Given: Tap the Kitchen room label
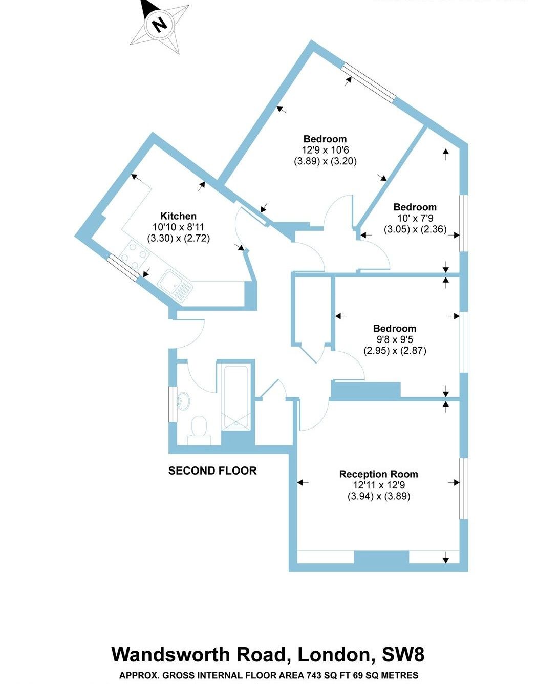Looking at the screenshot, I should tap(178, 216).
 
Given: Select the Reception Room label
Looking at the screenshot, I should tap(378, 474).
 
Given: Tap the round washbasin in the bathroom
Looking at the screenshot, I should tap(183, 400).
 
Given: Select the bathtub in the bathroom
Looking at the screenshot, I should tap(236, 397).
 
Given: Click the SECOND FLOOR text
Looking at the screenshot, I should tap(212, 471).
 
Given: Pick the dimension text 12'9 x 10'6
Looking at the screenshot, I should tap(325, 150).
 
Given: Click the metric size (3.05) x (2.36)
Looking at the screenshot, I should tap(415, 230).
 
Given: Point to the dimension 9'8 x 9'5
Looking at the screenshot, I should tap(394, 339).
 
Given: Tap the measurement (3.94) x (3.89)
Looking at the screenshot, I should tap(378, 496).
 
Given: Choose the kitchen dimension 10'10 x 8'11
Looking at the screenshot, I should tap(178, 227).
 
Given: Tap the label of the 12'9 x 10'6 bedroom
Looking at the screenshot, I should tap(325, 139).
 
